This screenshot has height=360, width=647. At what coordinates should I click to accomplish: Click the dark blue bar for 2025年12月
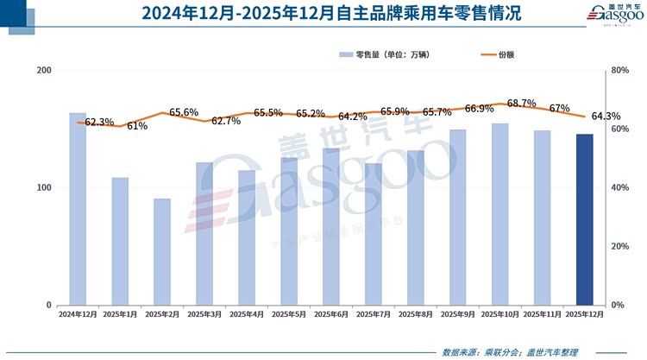click(584, 219)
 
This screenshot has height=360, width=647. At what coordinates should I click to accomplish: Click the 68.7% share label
click(522, 103)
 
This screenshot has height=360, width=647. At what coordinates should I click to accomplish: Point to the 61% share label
click(137, 126)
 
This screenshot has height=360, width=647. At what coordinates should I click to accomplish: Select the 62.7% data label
click(225, 121)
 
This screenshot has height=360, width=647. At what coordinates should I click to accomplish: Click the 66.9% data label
click(479, 109)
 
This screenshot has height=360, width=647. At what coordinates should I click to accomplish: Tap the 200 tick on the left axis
click(44, 71)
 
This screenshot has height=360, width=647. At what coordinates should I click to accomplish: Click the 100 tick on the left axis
click(44, 188)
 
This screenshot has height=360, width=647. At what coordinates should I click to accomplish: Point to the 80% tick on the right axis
click(618, 71)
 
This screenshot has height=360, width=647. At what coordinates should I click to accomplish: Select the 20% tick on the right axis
click(618, 247)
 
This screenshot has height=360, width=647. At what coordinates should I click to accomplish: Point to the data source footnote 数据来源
click(509, 351)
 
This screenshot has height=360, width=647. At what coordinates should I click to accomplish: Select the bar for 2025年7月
click(374, 234)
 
